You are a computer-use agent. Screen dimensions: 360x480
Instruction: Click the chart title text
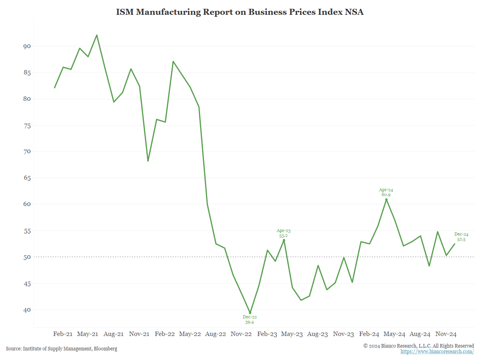click(x=240, y=12)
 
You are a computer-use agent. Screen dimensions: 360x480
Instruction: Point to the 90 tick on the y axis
click(x=27, y=46)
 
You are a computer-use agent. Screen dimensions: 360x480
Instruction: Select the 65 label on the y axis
click(x=27, y=178)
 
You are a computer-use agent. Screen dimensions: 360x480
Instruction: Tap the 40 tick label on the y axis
click(x=27, y=310)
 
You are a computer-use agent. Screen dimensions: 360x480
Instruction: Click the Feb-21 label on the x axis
click(x=63, y=334)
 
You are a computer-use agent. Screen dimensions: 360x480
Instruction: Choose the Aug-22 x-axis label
click(x=216, y=334)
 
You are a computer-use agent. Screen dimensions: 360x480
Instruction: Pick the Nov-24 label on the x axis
click(x=446, y=334)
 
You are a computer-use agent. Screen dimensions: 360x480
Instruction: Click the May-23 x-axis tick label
click(x=292, y=334)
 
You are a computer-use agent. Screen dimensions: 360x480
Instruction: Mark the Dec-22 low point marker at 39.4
click(x=250, y=313)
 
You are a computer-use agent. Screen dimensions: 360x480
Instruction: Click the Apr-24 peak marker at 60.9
click(x=386, y=200)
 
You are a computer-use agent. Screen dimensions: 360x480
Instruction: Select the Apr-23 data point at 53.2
click(x=284, y=240)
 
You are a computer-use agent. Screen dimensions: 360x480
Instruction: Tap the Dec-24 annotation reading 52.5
click(x=461, y=237)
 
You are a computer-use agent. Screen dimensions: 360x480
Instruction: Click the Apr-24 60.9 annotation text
click(x=386, y=192)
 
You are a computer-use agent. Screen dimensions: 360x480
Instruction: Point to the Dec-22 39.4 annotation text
click(x=250, y=319)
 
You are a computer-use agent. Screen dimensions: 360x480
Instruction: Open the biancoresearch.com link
click(x=437, y=352)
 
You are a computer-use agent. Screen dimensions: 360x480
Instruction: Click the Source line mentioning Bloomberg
click(x=62, y=349)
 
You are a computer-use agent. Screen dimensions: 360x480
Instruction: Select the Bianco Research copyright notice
click(x=418, y=346)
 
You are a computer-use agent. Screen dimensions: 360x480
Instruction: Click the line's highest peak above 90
click(x=97, y=35)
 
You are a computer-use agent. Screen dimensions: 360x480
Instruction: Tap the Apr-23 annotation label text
click(x=284, y=233)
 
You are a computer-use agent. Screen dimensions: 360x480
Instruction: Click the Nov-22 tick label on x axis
click(x=241, y=334)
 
